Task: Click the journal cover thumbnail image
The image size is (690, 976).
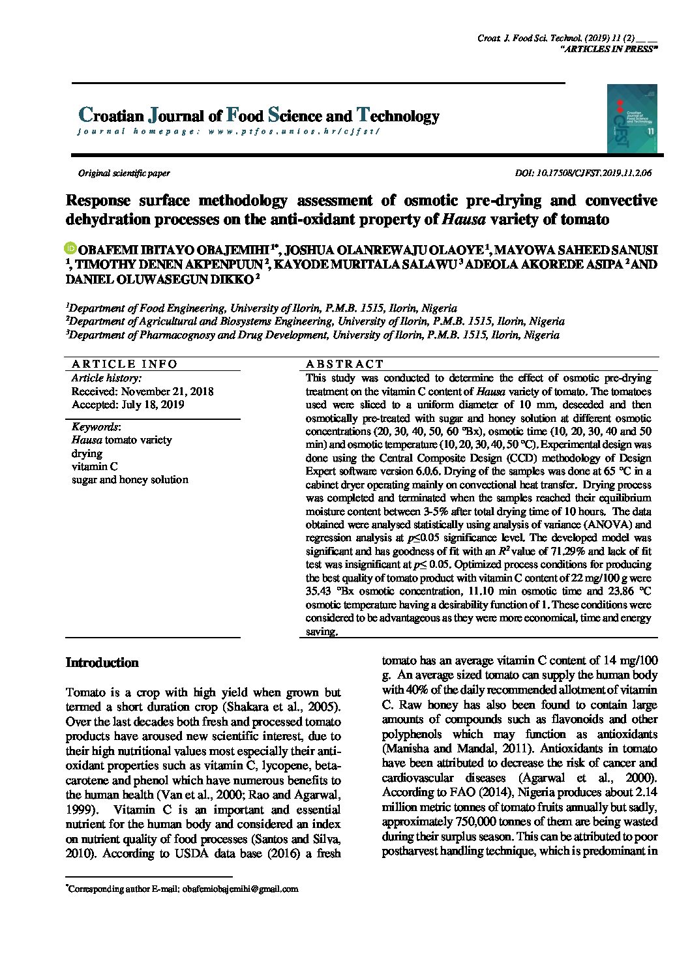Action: click(x=631, y=118)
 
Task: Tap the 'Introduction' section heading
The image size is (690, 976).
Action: click(x=102, y=663)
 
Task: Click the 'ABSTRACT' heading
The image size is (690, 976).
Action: click(x=344, y=364)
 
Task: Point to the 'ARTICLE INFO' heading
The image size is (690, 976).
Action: click(x=124, y=364)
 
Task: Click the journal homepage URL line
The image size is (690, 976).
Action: click(x=228, y=131)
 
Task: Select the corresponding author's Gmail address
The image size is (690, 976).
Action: click(x=240, y=889)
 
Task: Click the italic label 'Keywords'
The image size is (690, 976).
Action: click(x=95, y=427)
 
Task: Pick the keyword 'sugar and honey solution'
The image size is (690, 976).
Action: click(x=130, y=480)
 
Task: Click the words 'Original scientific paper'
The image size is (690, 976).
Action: click(x=124, y=173)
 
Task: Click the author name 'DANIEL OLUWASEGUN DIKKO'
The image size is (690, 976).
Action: click(x=159, y=279)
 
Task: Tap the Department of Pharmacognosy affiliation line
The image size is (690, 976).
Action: click(x=313, y=335)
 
